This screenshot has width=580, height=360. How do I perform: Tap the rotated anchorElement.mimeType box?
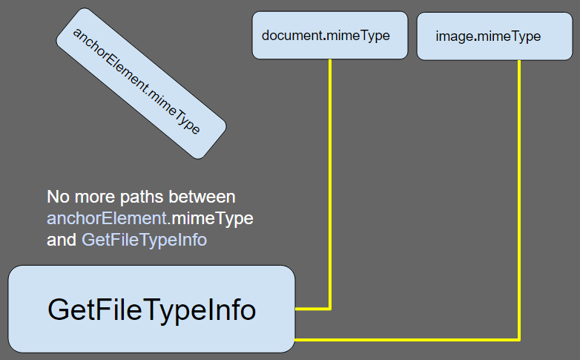tap(141, 83)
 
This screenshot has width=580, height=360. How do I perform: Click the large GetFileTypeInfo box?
tap(151, 309)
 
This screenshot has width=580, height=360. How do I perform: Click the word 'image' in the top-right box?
tap(454, 36)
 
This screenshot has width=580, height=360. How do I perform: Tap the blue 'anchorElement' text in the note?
tap(104, 219)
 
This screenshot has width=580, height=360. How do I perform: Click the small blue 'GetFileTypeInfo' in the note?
tap(144, 240)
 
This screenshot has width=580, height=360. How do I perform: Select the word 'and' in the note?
tap(61, 240)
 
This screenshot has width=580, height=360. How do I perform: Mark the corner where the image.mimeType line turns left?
tap(518, 339)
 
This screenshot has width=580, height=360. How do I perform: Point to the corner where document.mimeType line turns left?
tap(330, 308)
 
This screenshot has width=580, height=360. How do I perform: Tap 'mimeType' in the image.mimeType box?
tap(510, 36)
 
